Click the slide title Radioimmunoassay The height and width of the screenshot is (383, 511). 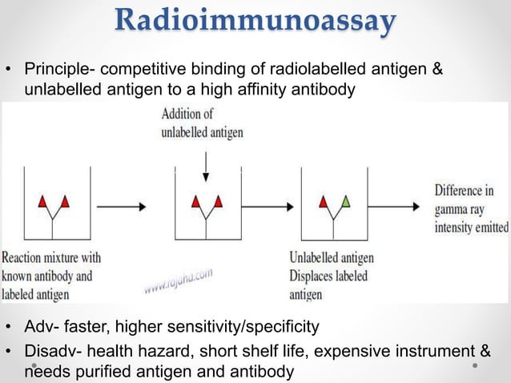click(x=255, y=22)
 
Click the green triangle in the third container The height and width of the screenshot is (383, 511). click(x=345, y=201)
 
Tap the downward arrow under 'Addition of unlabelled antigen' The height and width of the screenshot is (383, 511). click(x=206, y=163)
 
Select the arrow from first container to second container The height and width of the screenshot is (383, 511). click(x=119, y=207)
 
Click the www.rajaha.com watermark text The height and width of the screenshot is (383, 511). click(x=179, y=280)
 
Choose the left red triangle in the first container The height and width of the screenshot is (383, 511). click(x=42, y=201)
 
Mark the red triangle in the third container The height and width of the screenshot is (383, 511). click(x=324, y=201)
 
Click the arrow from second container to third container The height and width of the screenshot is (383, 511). click(x=270, y=207)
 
